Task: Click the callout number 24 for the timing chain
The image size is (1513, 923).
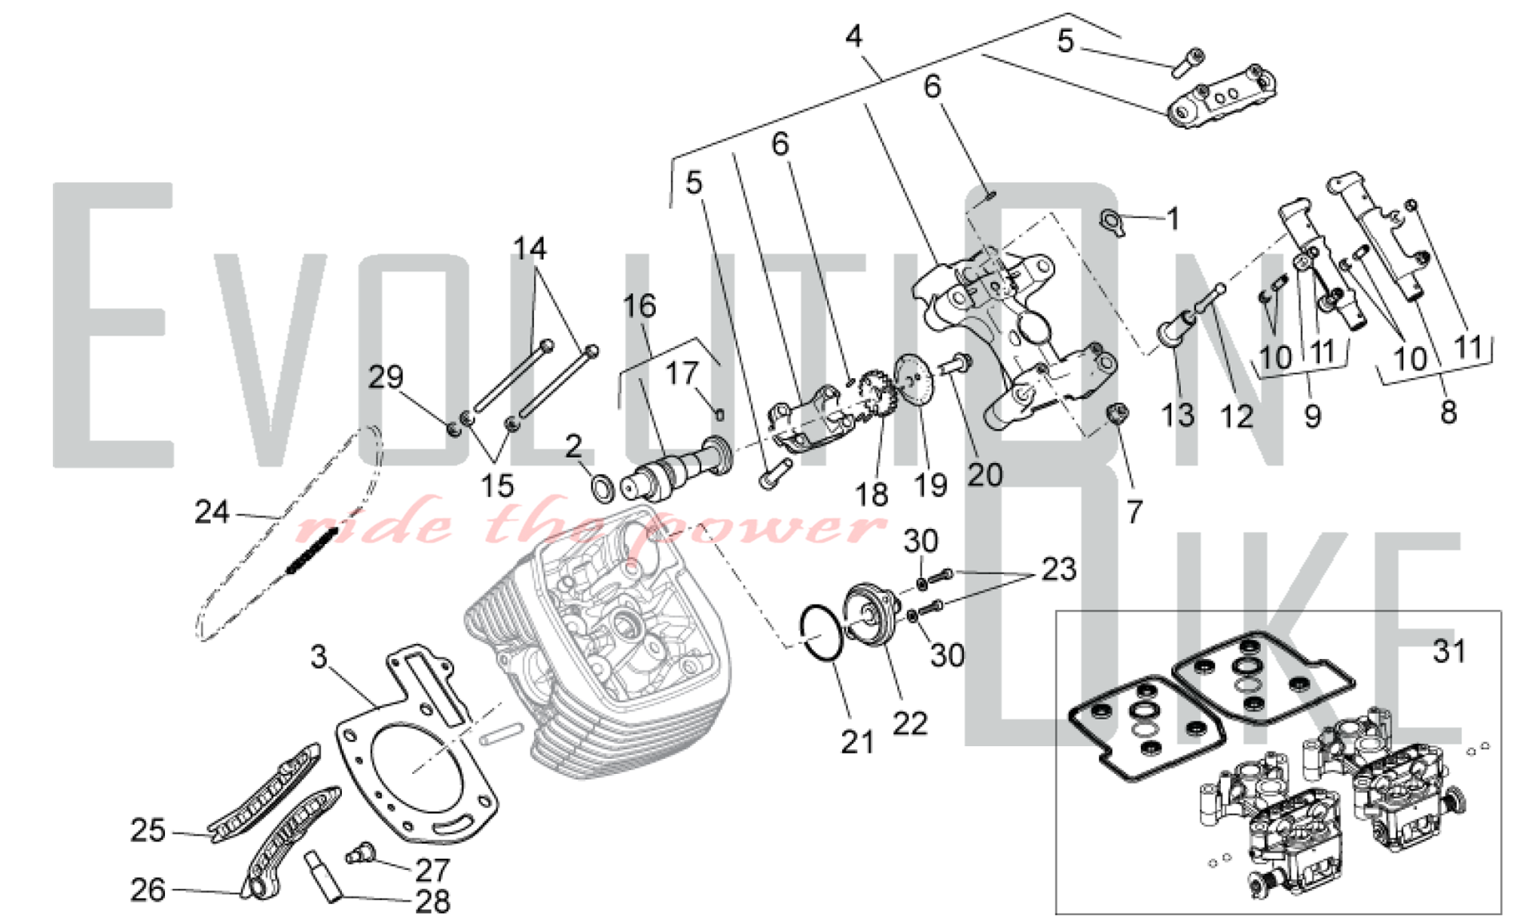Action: click(x=211, y=512)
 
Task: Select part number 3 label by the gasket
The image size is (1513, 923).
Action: click(x=319, y=657)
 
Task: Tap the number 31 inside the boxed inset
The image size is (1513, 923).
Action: click(x=1449, y=651)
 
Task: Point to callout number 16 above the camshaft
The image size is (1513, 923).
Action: click(x=639, y=306)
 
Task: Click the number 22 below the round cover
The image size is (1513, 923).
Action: click(x=909, y=723)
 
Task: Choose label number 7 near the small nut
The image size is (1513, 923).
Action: click(x=1133, y=512)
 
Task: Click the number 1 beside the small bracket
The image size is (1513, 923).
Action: click(x=1173, y=219)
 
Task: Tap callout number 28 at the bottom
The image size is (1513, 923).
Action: click(x=432, y=902)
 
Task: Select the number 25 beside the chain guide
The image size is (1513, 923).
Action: click(x=148, y=830)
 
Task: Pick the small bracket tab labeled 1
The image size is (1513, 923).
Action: click(x=1113, y=222)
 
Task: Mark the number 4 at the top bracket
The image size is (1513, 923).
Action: click(x=854, y=36)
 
